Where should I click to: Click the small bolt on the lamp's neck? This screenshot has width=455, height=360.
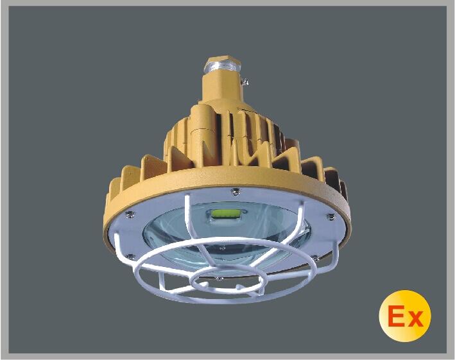(244, 80)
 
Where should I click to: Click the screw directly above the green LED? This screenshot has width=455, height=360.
(236, 189)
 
